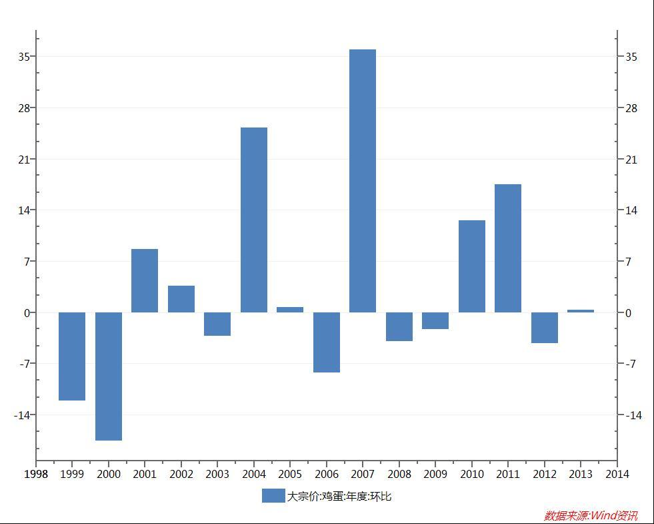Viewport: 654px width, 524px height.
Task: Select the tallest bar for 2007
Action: point(363,181)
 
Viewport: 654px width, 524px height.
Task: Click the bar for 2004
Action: point(254,220)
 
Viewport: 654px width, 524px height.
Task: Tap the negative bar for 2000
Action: point(109,376)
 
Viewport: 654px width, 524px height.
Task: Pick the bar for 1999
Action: point(72,356)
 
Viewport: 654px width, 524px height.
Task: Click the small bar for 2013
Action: point(581,311)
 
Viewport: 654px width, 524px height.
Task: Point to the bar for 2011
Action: point(508,248)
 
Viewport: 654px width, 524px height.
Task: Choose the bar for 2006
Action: point(327,342)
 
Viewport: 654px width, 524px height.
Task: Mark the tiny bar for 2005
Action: point(290,310)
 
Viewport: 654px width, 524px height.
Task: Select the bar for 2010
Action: point(472,266)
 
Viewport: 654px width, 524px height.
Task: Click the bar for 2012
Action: point(545,328)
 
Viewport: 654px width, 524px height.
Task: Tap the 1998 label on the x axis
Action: point(36,474)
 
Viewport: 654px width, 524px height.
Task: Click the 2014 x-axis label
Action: point(617,474)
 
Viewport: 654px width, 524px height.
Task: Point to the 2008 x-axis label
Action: point(399,474)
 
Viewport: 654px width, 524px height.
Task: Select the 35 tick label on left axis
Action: point(24,57)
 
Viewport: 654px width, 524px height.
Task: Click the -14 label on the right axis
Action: point(633,415)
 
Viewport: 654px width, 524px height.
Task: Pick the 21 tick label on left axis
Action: point(24,160)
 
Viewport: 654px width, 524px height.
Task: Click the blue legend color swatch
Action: point(273,495)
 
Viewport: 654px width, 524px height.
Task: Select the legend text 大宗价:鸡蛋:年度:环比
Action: point(339,496)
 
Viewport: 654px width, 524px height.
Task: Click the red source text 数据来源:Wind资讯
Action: point(591,515)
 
